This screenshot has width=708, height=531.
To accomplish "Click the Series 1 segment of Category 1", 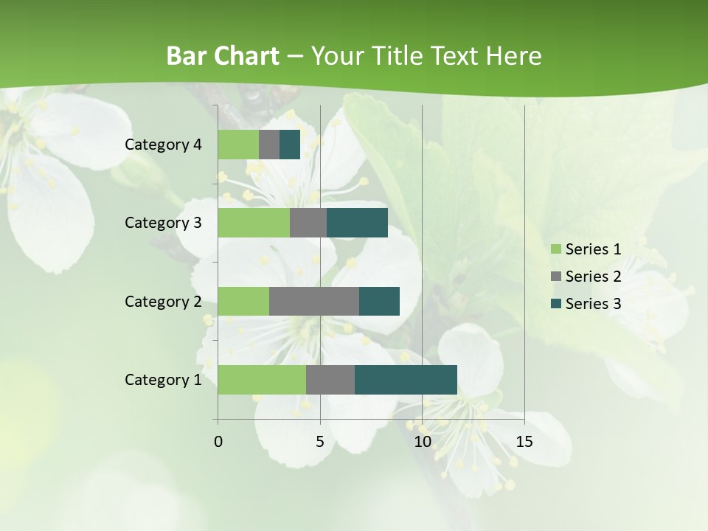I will coord(262,380).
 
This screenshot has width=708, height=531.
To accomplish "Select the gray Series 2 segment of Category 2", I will coord(314,301).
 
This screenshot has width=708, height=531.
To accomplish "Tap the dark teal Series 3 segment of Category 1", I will coord(406,380).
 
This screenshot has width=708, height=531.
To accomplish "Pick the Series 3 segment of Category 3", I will coord(357,223).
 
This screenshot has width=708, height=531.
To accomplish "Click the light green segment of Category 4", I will coord(238,145).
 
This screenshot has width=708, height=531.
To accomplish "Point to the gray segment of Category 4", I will coord(269,145).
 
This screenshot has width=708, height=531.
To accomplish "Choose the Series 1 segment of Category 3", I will coord(254,223).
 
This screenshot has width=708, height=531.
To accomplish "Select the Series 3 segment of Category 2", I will coord(379,301).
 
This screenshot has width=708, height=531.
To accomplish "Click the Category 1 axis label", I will coord(163,380).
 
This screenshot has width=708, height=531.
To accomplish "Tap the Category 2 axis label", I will coord(163,302).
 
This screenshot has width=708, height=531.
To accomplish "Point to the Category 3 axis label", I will coord(163,223).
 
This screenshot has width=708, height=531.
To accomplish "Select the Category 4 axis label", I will coord(163,145).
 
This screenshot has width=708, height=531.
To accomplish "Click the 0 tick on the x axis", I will coord(218,442).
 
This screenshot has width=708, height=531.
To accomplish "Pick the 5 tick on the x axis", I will coord(320,442).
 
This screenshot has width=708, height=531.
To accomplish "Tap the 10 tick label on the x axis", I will coord(422,442).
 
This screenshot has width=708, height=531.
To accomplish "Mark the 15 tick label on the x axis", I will coord(524,442).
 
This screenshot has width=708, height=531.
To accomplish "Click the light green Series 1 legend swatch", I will coord(555,249).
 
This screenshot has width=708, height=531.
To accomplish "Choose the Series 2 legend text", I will coord(593,277).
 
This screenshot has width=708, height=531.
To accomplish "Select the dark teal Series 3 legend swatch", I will coord(555,304).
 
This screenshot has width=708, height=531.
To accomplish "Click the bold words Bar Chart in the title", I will coord(222,56).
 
